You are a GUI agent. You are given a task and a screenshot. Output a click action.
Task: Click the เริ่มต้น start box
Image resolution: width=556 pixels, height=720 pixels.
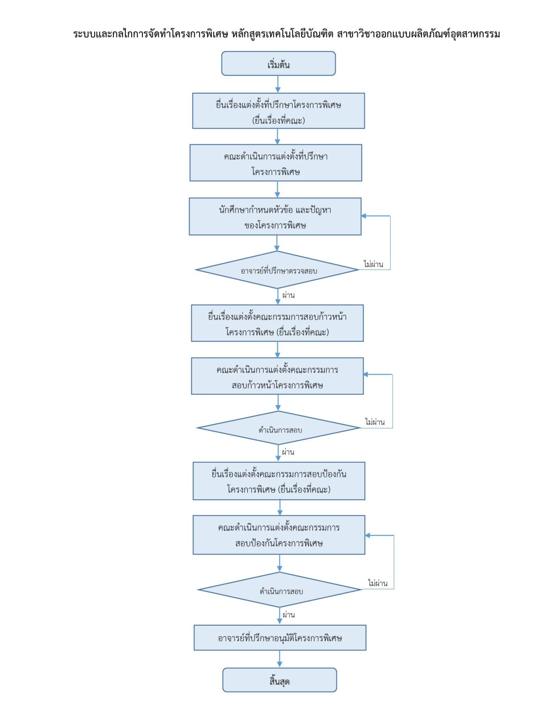click(278, 64)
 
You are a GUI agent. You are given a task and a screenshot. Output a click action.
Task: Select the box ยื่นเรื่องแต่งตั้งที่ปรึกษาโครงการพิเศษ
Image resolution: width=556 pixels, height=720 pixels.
click(278, 111)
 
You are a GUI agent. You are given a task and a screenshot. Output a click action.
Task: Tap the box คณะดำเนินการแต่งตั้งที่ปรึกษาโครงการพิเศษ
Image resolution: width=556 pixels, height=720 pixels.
click(276, 163)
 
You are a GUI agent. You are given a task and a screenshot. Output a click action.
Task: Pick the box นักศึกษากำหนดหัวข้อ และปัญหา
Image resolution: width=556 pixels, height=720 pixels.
click(275, 217)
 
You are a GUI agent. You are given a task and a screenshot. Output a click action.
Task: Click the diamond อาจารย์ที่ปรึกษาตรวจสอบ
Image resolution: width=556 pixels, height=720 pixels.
click(277, 270)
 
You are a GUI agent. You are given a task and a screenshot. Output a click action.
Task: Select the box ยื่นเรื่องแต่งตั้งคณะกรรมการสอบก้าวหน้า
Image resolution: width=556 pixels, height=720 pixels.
click(277, 323)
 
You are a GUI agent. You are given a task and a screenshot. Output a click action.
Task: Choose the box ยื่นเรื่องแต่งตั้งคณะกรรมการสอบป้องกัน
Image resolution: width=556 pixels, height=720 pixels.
click(279, 481)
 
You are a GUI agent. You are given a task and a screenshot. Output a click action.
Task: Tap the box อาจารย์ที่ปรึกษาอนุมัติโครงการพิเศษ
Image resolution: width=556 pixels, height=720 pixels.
click(280, 637)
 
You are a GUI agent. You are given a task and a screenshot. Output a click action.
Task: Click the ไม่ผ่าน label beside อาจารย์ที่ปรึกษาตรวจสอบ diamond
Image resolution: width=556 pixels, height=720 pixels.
click(373, 264)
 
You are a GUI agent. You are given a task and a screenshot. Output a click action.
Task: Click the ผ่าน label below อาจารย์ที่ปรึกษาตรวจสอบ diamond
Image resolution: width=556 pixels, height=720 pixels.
click(288, 295)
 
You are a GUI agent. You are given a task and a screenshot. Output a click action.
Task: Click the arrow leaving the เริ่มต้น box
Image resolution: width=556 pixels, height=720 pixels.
click(278, 84)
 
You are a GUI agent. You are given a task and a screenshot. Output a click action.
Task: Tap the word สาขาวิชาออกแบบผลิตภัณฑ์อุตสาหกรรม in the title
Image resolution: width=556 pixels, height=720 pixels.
click(418, 34)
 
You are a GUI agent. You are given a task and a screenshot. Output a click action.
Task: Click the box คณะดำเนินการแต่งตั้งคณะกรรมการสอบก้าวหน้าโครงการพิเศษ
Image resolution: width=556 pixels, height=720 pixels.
click(277, 376)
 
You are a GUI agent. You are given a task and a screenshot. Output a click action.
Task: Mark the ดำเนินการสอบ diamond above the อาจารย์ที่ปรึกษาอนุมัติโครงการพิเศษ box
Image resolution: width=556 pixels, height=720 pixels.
click(280, 589)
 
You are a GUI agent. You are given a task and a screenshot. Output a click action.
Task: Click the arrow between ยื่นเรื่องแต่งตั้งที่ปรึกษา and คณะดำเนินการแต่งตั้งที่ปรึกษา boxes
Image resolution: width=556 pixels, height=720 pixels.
click(277, 136)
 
